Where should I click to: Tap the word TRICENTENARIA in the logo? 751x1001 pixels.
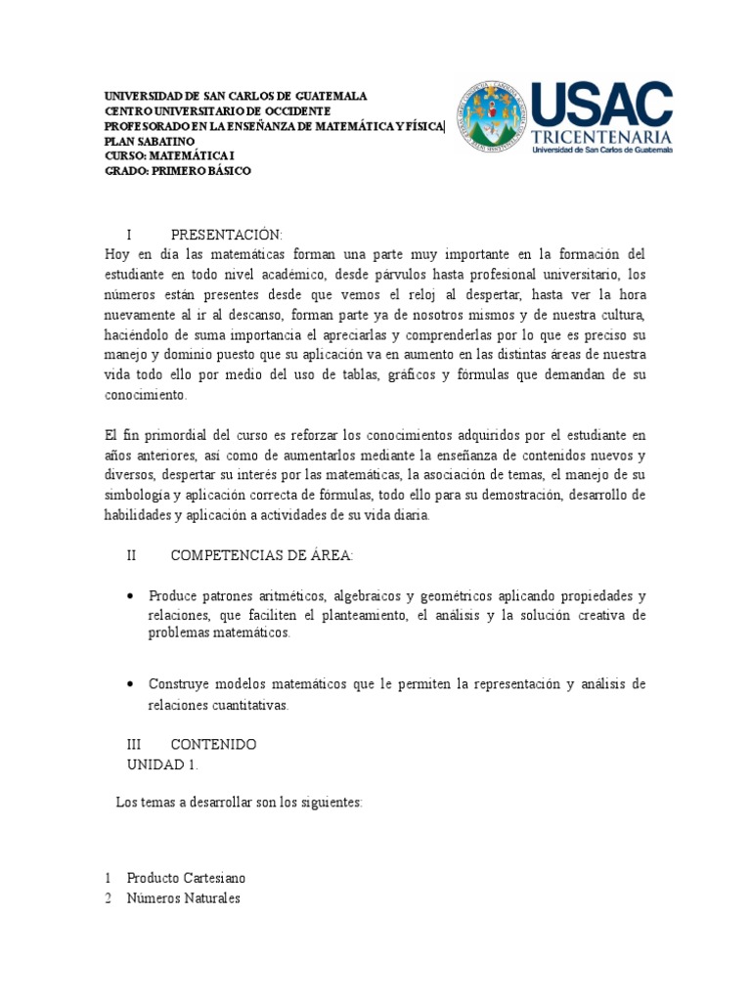(601, 136)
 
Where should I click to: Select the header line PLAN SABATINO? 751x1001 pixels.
(150, 141)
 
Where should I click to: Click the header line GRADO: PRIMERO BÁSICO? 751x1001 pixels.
(178, 170)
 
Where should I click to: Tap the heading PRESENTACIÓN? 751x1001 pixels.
(226, 235)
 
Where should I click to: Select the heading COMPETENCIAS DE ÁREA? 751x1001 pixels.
(262, 556)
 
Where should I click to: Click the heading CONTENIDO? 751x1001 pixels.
(213, 744)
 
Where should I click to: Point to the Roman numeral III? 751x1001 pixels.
(135, 744)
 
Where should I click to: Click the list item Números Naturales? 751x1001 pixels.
(184, 898)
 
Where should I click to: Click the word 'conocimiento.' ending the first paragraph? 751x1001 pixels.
(145, 396)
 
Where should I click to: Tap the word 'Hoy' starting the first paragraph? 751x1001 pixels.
(116, 254)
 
